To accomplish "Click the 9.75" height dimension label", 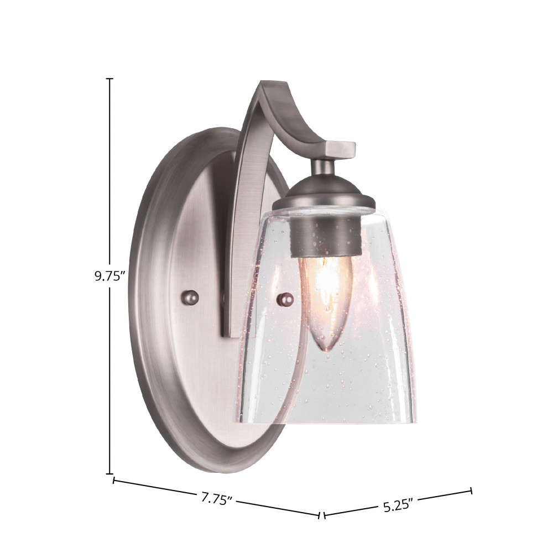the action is pyautogui.click(x=110, y=276).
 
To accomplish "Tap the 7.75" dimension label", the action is pyautogui.click(x=217, y=499).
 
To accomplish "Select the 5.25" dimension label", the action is pyautogui.click(x=398, y=505).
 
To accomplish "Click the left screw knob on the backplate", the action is pyautogui.click(x=190, y=298).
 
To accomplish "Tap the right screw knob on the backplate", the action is pyautogui.click(x=285, y=300).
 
